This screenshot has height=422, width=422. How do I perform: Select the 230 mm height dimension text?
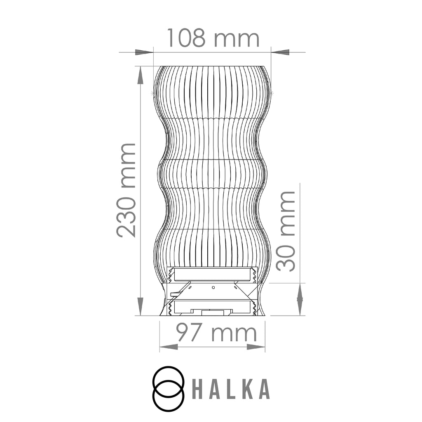(126, 190)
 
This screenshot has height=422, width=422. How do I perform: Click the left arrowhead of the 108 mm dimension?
(144, 52)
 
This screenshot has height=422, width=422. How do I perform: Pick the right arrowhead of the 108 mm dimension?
(280, 52)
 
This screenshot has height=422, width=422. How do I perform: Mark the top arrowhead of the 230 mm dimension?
(140, 76)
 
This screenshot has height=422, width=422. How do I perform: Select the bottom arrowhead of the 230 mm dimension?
(140, 306)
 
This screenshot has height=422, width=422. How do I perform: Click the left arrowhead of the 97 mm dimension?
(169, 347)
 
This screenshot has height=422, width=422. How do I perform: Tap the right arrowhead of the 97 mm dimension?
(256, 347)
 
